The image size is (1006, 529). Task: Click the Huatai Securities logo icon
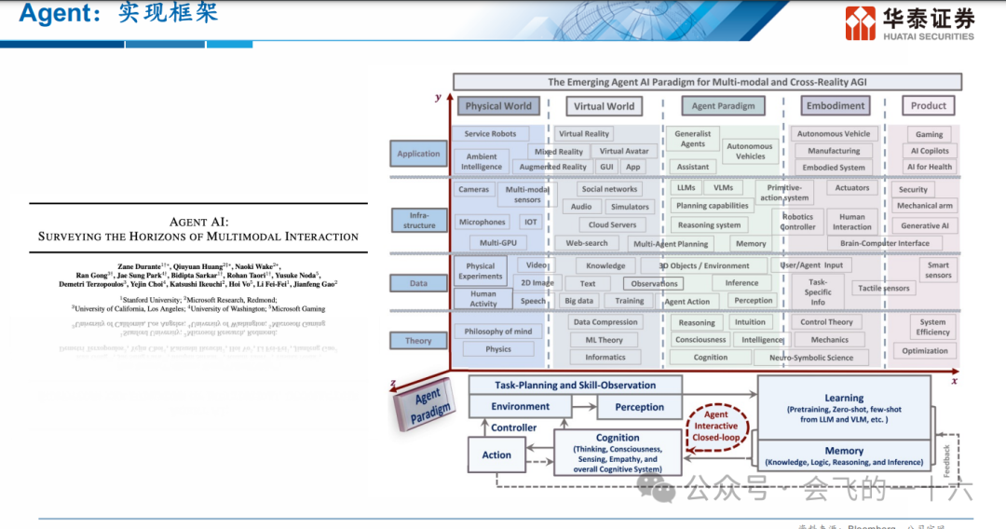tap(860, 23)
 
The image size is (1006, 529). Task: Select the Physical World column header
tap(498, 106)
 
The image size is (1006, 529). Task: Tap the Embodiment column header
tap(836, 106)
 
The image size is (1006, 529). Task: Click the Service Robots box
tap(490, 134)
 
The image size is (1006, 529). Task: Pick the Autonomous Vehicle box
tap(834, 134)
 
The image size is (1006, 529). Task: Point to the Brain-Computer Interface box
tap(884, 243)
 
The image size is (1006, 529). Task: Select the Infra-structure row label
tap(419, 220)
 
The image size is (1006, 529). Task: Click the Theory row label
tap(418, 341)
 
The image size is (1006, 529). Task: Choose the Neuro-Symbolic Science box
tap(810, 358)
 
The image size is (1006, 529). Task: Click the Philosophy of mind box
tap(498, 332)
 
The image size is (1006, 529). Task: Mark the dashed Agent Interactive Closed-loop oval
tap(716, 427)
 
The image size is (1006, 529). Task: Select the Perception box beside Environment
tap(639, 407)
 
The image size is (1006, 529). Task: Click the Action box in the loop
tap(496, 455)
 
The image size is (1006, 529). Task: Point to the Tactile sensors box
tap(883, 289)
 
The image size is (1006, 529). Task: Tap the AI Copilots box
tap(929, 151)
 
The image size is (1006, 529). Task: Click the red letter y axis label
tap(438, 97)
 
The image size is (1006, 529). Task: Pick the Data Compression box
tap(605, 322)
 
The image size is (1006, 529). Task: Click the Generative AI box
tap(925, 225)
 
